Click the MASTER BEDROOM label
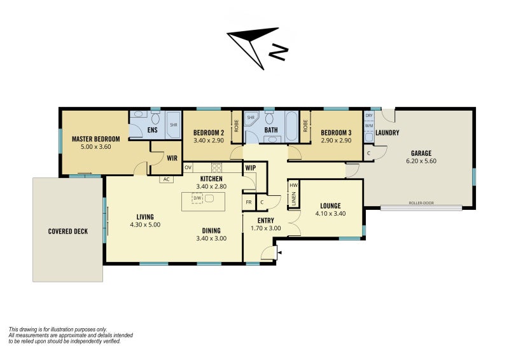pyautogui.click(x=96, y=139)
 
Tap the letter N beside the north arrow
pyautogui.click(x=279, y=52)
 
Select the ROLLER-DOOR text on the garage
pyautogui.click(x=421, y=203)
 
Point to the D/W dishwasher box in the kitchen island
pyautogui.click(x=197, y=198)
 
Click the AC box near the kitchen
pyautogui.click(x=167, y=179)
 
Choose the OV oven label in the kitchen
pyautogui.click(x=188, y=167)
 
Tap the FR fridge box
pyautogui.click(x=249, y=202)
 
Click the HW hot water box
pyautogui.click(x=293, y=185)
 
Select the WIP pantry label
pyautogui.click(x=251, y=168)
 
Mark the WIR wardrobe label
pyautogui.click(x=172, y=158)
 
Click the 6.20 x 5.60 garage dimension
pyautogui.click(x=421, y=161)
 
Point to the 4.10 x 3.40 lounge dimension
pyautogui.click(x=330, y=214)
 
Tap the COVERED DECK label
pyautogui.click(x=68, y=232)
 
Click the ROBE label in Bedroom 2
pyautogui.click(x=236, y=126)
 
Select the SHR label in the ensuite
pyautogui.click(x=174, y=125)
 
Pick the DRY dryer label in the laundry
pyautogui.click(x=369, y=116)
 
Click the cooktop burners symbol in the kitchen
pyautogui.click(x=216, y=167)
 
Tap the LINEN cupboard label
pyautogui.click(x=294, y=198)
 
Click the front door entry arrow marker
pyautogui.click(x=279, y=253)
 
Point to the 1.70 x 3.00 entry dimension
pyautogui.click(x=266, y=228)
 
